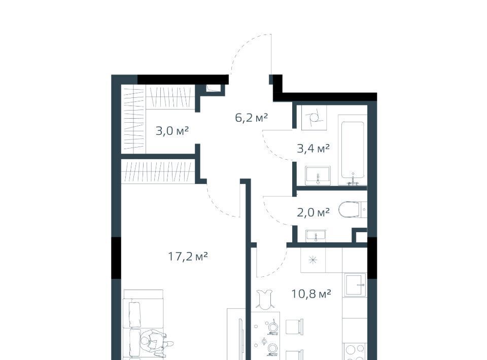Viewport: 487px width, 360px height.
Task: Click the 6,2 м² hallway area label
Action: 251,118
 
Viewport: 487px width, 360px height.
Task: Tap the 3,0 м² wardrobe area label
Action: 172,131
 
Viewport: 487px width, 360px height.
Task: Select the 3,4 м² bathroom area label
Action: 313,149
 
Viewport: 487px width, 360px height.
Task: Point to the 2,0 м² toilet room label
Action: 313,212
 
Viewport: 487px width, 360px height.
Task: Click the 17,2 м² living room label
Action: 188,257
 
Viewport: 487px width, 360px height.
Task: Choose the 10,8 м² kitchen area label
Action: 311,294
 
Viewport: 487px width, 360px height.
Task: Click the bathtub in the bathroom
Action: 353,150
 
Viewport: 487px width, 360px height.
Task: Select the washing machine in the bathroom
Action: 314,118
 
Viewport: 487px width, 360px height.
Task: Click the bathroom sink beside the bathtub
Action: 318,175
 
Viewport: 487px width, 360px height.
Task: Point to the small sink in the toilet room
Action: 316,236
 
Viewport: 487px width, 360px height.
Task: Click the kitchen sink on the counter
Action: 355,284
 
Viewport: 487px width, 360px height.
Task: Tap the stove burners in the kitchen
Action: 355,352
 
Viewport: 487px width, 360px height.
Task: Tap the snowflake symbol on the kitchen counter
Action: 313,261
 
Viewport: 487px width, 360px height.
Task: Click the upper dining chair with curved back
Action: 265,299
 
